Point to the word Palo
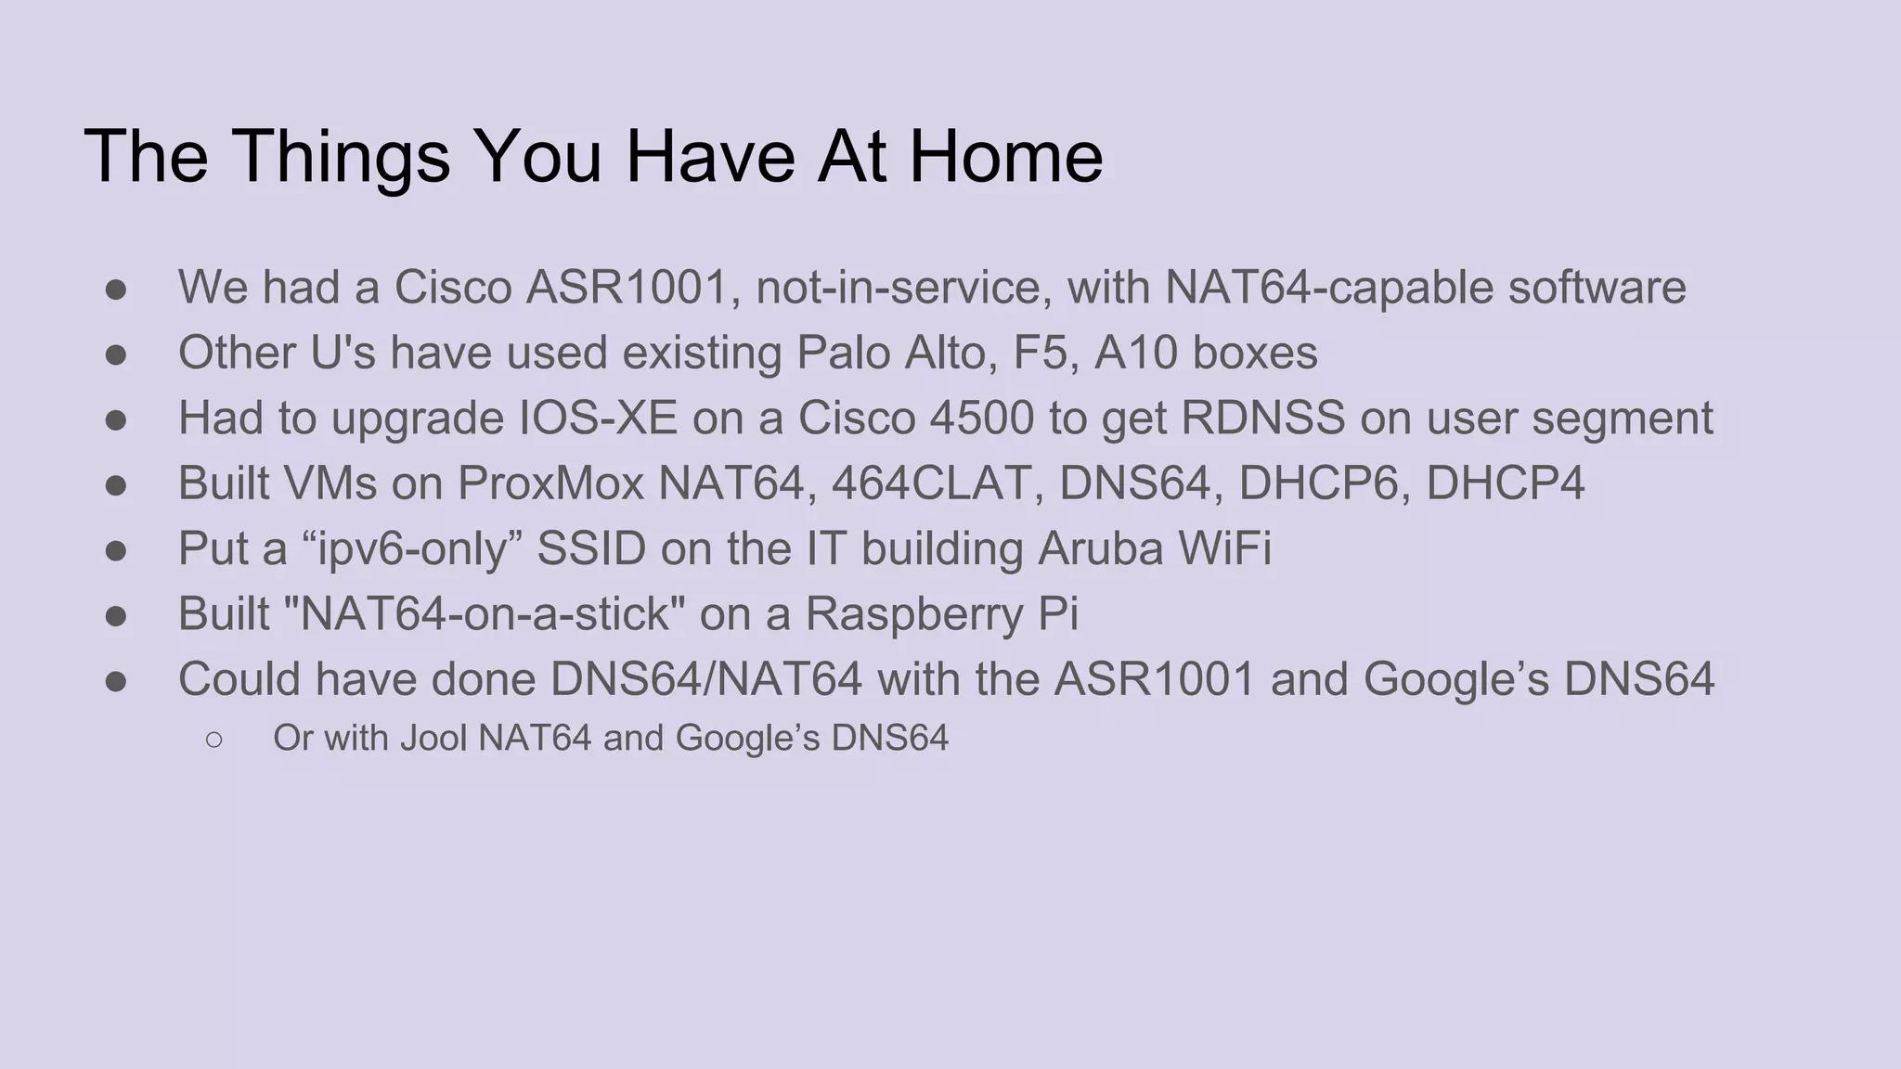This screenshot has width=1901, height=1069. click(x=840, y=353)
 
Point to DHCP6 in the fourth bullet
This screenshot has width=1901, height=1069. click(x=1318, y=483)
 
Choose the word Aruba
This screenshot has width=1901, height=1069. click(x=1100, y=548)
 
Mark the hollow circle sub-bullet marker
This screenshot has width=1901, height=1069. click(x=213, y=739)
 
